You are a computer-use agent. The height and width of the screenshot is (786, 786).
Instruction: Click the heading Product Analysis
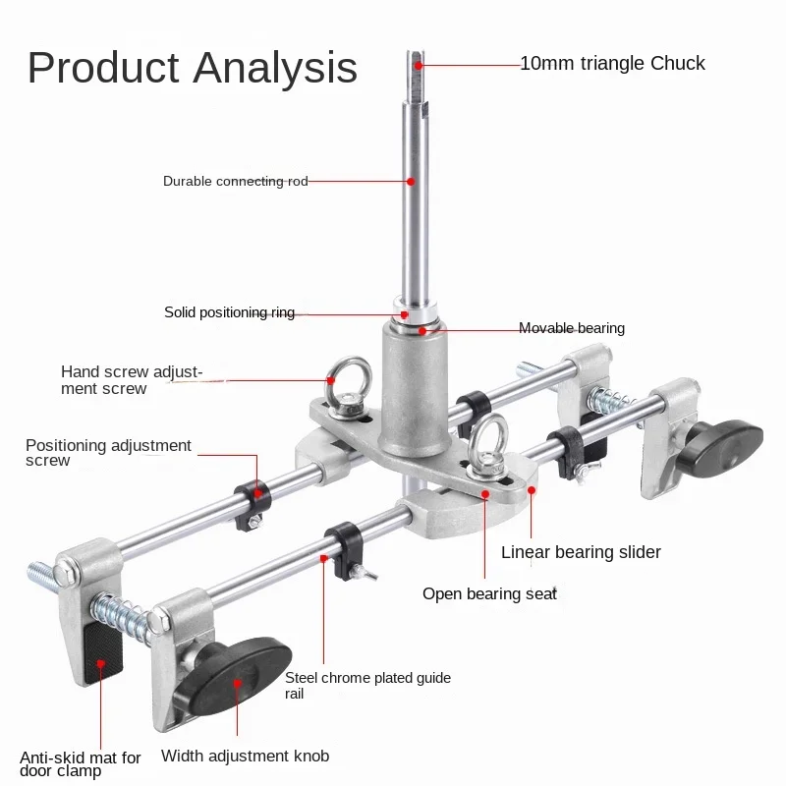[193, 67]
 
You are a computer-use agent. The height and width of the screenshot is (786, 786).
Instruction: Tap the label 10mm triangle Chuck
[612, 64]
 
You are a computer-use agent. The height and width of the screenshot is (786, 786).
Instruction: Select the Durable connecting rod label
[235, 181]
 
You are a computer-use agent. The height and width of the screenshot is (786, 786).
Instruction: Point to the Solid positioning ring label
[229, 312]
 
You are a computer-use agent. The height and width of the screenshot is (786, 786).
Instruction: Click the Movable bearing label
[571, 328]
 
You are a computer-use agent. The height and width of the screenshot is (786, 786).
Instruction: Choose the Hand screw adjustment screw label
[131, 380]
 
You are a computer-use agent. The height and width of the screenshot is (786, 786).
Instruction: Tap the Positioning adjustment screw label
[108, 453]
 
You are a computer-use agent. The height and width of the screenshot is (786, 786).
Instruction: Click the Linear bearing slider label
[581, 552]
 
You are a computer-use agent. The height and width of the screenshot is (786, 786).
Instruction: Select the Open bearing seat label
[489, 593]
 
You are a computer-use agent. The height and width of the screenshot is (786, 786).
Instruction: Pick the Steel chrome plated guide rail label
[367, 686]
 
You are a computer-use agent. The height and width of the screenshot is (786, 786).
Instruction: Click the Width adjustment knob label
[245, 757]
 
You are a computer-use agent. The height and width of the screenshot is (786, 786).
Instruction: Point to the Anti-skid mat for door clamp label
[81, 764]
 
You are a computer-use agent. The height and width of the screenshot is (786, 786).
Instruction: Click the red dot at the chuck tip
[419, 64]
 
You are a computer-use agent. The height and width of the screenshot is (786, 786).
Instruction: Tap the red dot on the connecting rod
[411, 181]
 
